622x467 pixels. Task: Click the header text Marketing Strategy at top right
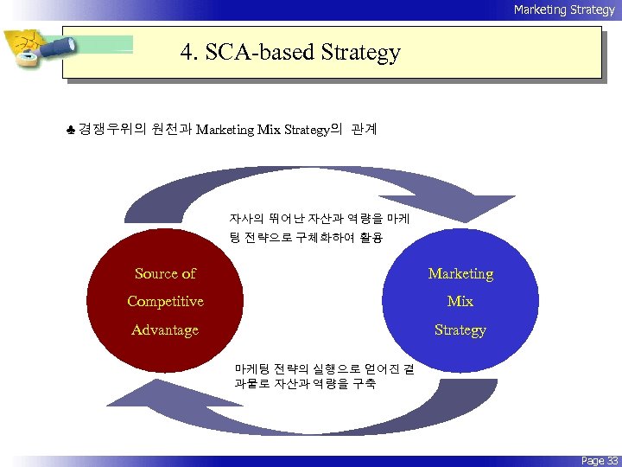(x=563, y=10)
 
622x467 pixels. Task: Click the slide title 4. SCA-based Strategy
(x=290, y=53)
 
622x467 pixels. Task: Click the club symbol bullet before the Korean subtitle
(x=70, y=131)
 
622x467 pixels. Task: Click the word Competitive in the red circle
(x=165, y=301)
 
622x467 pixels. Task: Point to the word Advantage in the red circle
(x=165, y=329)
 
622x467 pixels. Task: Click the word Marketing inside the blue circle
(x=460, y=273)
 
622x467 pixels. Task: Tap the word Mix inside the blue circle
(x=460, y=301)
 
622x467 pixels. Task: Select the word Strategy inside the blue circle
(x=460, y=329)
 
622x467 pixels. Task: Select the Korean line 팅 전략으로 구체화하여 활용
(x=306, y=236)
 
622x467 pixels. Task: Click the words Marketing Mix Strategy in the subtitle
(x=263, y=131)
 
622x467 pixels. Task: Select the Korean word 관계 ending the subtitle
(x=364, y=131)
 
